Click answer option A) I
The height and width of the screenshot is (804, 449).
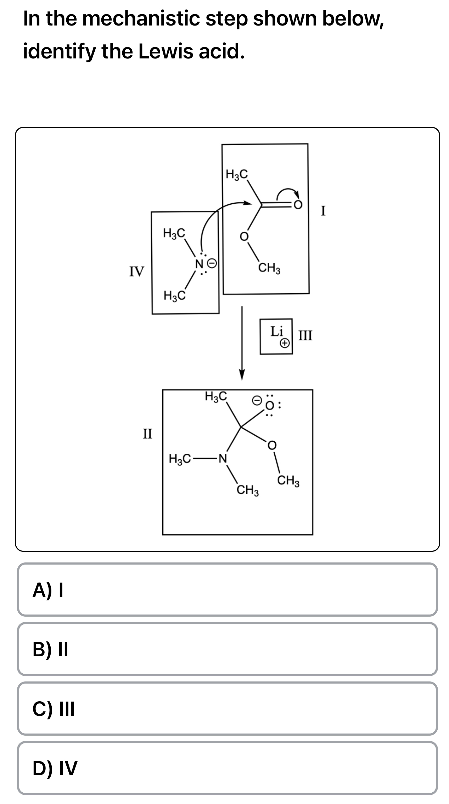(x=227, y=590)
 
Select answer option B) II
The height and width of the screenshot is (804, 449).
(x=227, y=649)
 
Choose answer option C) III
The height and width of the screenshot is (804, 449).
(x=227, y=709)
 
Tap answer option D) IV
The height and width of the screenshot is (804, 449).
(x=227, y=768)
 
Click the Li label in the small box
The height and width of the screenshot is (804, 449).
(x=276, y=332)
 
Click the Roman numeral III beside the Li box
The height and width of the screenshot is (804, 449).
(x=305, y=335)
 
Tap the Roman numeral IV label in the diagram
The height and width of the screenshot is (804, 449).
(x=136, y=272)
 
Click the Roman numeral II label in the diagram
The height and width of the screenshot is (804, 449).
(x=147, y=433)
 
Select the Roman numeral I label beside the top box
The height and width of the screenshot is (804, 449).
(x=323, y=211)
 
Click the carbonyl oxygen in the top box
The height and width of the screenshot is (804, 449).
(x=299, y=205)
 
